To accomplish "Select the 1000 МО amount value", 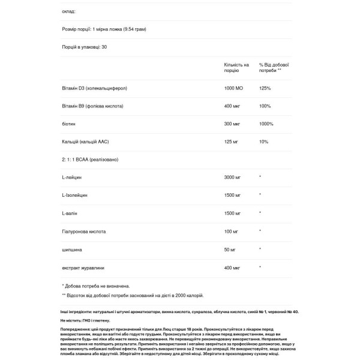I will click(x=233, y=88).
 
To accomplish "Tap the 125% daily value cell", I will click(x=265, y=88).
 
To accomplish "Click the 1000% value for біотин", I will click(x=266, y=124).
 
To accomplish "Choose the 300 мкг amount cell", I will click(x=232, y=124).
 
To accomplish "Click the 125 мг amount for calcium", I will click(x=231, y=142).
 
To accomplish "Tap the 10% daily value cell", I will click(x=263, y=142).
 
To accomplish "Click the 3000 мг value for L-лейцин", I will click(x=233, y=177).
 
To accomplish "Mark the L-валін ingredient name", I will click(x=70, y=213).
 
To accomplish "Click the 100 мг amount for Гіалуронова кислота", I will click(x=231, y=230).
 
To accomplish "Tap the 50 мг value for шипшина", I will click(x=230, y=248).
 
